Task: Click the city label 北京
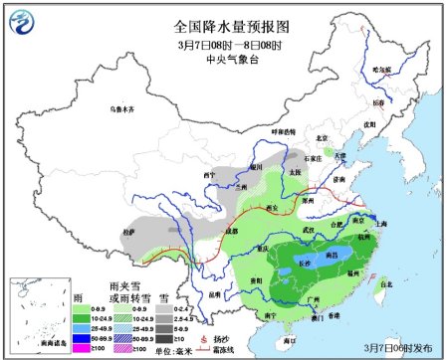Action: (321, 138)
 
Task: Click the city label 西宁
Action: (209, 175)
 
